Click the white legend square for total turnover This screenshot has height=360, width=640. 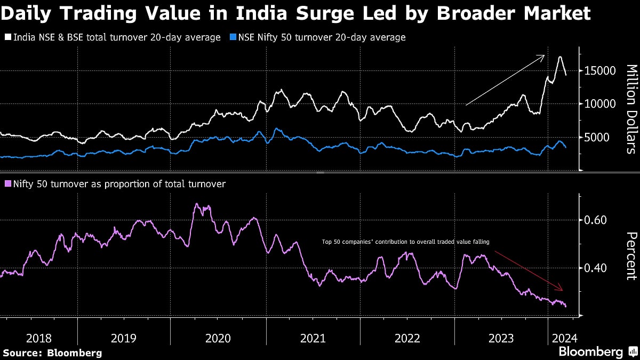(7, 37)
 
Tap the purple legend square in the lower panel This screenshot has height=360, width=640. (7, 184)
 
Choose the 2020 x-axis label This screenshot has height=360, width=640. (218, 338)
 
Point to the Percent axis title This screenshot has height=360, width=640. (630, 255)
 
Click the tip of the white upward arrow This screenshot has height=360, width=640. (544, 55)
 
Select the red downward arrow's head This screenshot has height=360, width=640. (562, 290)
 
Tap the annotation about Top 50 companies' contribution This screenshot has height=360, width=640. (406, 242)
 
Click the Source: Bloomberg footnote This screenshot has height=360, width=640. (52, 353)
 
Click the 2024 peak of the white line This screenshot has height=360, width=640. (560, 57)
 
